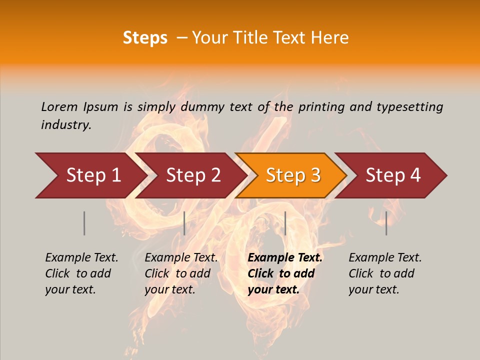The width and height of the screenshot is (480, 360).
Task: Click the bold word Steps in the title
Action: click(x=145, y=38)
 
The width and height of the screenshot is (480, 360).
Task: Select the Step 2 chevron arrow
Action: click(x=193, y=175)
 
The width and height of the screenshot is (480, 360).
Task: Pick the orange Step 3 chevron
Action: click(x=293, y=175)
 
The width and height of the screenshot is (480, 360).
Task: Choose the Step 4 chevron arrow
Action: click(x=393, y=175)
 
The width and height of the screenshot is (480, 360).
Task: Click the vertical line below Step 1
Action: click(x=84, y=223)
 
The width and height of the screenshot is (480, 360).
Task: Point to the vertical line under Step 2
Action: click(x=184, y=223)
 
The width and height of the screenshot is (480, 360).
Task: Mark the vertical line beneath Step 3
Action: click(x=285, y=223)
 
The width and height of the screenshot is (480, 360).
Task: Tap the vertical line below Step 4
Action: click(x=386, y=223)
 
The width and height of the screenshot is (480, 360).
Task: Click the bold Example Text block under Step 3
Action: click(x=285, y=273)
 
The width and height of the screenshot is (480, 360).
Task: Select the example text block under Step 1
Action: click(x=81, y=273)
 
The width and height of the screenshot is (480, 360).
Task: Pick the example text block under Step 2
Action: click(x=181, y=273)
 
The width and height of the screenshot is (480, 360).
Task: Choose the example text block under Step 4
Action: click(x=385, y=273)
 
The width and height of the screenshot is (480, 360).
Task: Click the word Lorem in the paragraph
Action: click(x=59, y=106)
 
